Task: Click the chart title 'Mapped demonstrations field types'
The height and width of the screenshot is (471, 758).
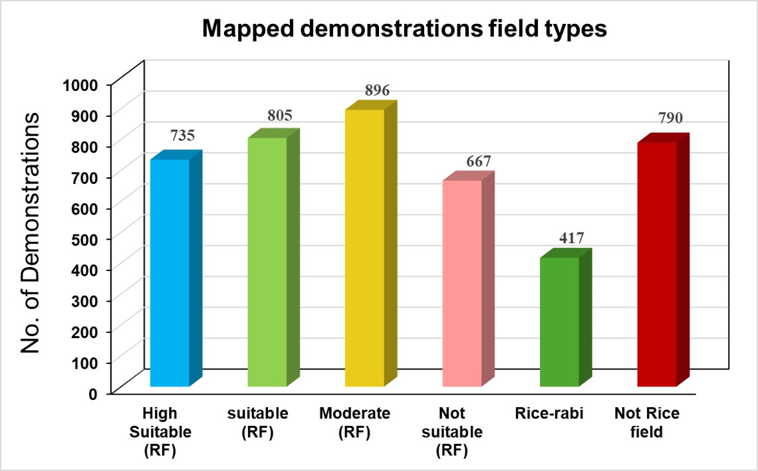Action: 404,30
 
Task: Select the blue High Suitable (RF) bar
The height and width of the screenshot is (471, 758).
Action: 170,272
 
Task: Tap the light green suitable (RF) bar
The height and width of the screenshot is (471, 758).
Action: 267,262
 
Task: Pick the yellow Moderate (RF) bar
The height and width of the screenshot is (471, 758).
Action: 364,247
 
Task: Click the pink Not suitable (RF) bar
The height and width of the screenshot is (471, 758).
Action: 461,283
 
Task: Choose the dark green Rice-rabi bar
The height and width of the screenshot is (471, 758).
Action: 559,322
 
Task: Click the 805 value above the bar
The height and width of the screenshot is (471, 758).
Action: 281,116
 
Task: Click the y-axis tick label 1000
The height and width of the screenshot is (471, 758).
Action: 80,84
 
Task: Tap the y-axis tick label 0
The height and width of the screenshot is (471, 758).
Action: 94,393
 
